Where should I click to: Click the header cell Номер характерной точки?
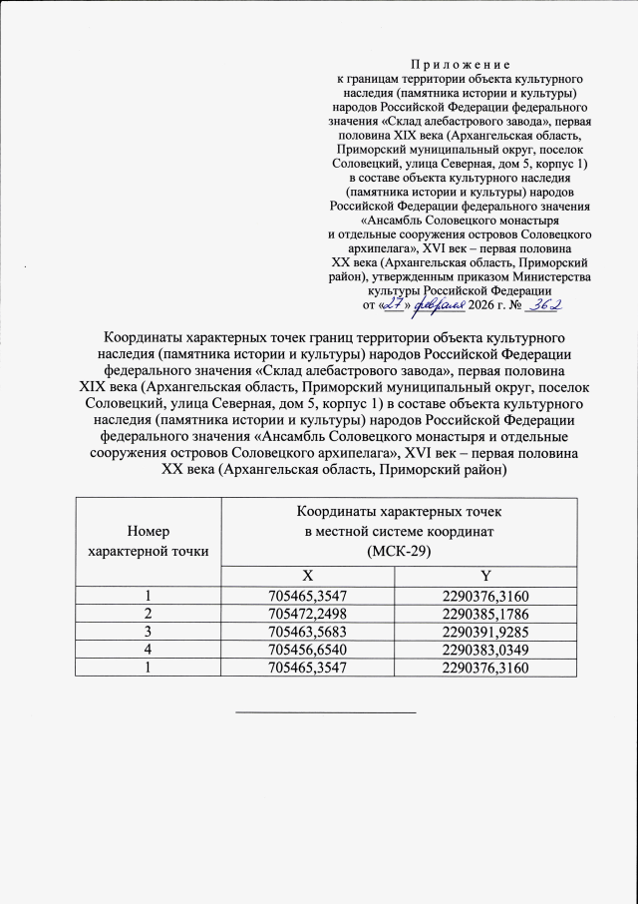click(148, 540)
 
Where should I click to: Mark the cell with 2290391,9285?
click(484, 630)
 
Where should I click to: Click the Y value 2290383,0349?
click(484, 648)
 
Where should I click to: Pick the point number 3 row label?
click(148, 630)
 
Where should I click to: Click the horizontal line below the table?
click(325, 712)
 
